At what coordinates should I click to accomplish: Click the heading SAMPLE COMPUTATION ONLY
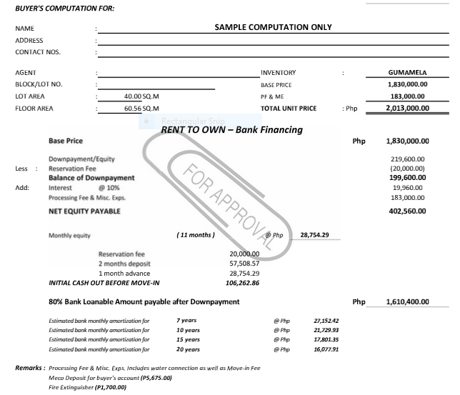273,28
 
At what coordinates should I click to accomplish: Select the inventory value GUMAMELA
407,73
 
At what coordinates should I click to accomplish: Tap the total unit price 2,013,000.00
406,109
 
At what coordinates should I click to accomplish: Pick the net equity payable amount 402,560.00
405,211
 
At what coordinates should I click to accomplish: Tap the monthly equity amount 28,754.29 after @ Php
314,234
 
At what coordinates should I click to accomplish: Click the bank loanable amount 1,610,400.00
405,302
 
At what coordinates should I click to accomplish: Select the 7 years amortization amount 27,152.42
326,321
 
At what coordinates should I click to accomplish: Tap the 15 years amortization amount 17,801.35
326,340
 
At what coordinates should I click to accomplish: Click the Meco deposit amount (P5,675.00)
156,377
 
